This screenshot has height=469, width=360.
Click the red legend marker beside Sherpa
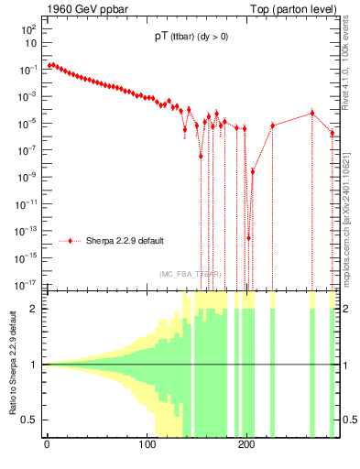pyautogui.click(x=71, y=241)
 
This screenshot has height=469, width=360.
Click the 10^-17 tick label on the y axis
pyautogui.click(x=25, y=283)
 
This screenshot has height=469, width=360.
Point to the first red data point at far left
pyautogui.click(x=49, y=65)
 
